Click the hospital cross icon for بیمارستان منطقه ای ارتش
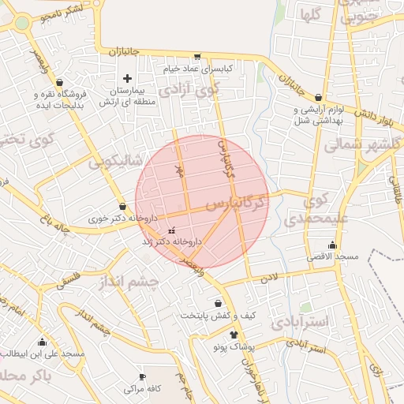click(x=127, y=78)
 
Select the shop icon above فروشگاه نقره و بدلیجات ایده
click(x=60, y=82)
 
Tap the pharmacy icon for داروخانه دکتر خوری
click(x=122, y=206)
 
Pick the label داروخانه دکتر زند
click(x=172, y=241)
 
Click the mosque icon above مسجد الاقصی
click(x=332, y=245)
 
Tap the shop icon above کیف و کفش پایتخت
click(x=218, y=303)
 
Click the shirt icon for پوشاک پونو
click(x=212, y=335)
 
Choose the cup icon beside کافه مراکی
click(x=142, y=377)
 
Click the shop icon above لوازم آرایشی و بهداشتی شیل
click(x=319, y=97)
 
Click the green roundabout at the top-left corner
click(x=21, y=22)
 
